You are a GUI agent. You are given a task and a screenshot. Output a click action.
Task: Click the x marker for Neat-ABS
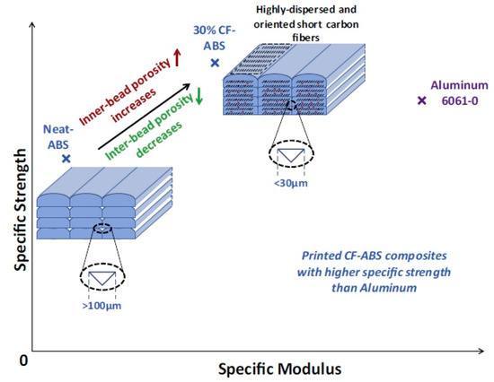[66, 159]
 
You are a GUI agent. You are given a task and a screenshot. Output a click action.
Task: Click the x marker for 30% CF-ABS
[215, 62]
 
